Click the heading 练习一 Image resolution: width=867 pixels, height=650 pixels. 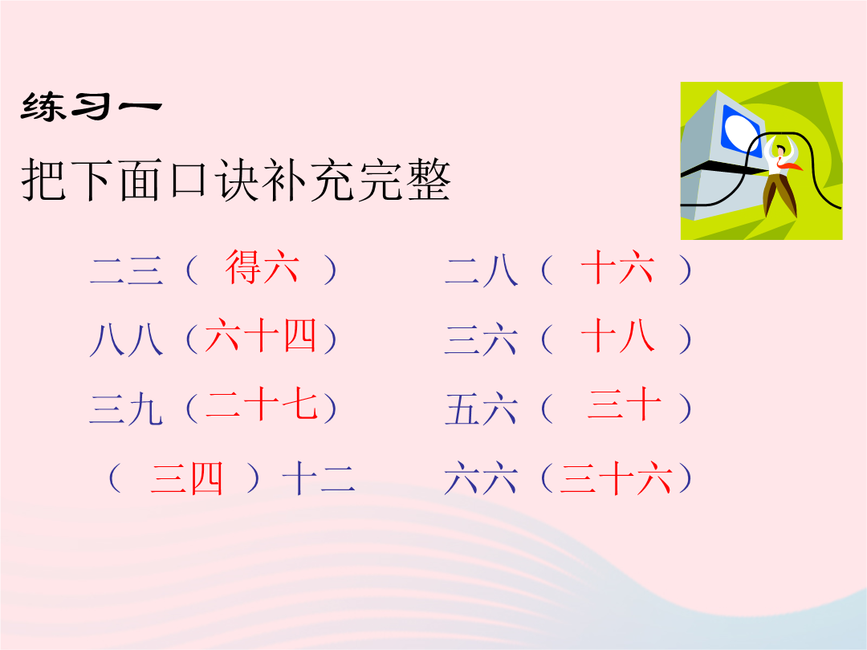[x=92, y=106]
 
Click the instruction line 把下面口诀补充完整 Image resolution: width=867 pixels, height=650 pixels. [x=236, y=181]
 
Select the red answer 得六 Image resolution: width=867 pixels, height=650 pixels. [x=262, y=267]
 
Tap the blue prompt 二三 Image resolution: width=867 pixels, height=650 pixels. [x=127, y=270]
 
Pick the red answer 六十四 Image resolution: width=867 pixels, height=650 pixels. [x=260, y=336]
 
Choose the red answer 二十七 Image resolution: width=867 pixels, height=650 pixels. [x=262, y=406]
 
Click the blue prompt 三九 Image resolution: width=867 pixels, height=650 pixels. [x=127, y=409]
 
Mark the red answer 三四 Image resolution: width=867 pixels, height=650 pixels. [x=187, y=478]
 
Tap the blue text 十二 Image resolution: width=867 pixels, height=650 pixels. [x=319, y=478]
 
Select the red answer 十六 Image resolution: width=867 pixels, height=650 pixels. [x=617, y=267]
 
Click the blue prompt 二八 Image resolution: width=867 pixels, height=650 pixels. [x=482, y=270]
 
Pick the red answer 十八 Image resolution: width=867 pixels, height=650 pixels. [x=617, y=337]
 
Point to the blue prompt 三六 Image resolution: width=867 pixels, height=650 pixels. [x=482, y=339]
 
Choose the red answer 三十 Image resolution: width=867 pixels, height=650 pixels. [x=625, y=406]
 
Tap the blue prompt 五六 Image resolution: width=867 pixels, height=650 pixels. [x=482, y=409]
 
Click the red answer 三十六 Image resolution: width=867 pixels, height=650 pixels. [x=617, y=478]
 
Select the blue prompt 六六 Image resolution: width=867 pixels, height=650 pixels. [x=482, y=478]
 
